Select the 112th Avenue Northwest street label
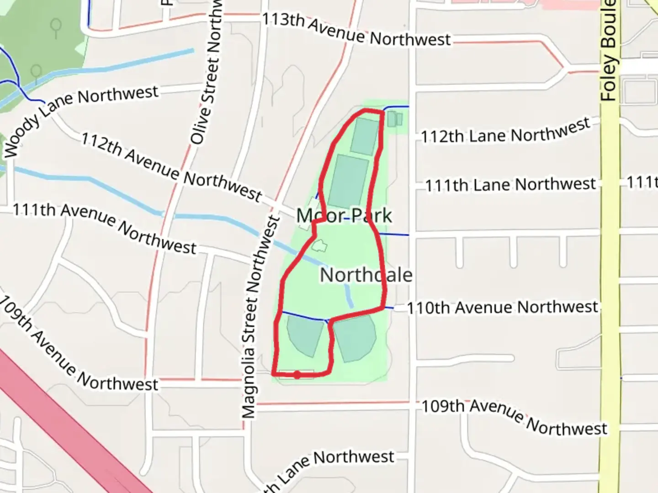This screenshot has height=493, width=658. tap(172, 168)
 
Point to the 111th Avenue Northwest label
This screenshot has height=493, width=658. tap(104, 228)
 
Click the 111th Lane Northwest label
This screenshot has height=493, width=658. tap(510, 184)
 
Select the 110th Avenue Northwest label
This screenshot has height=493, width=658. tap(502, 307)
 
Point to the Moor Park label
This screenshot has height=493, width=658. tap(344, 215)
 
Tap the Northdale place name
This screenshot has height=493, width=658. tap(366, 275)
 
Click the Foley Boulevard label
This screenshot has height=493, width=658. tap(609, 50)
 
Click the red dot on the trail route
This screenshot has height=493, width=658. tap(297, 375)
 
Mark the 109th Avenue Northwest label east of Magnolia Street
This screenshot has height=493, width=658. tap(514, 415)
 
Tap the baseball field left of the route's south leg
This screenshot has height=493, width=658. tap(304, 335)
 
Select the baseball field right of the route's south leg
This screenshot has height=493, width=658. tap(355, 337)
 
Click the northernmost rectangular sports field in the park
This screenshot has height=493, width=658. tap(365, 136)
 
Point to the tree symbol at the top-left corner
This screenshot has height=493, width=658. tap(56, 27)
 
